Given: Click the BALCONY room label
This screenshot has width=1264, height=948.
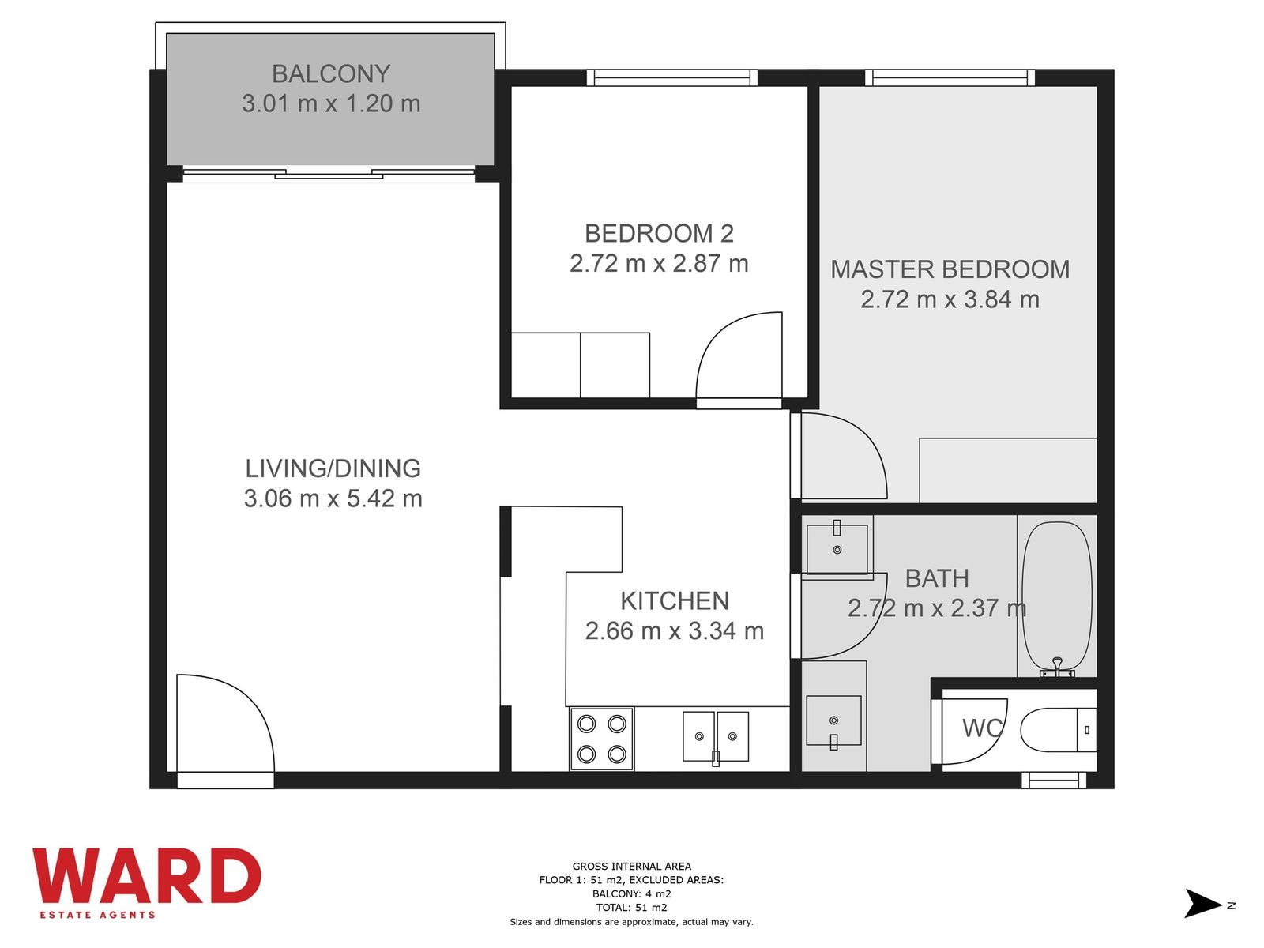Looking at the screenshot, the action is pyautogui.click(x=330, y=73).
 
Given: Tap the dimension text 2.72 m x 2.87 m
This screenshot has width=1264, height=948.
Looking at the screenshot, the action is pyautogui.click(x=659, y=264).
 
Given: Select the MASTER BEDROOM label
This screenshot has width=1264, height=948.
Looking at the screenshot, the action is pyautogui.click(x=950, y=269).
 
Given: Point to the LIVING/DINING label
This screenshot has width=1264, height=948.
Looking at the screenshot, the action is pyautogui.click(x=333, y=468).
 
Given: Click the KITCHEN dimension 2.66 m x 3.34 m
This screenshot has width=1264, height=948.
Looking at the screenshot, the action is pyautogui.click(x=675, y=631).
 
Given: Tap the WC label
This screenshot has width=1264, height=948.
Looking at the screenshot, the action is pyautogui.click(x=983, y=728).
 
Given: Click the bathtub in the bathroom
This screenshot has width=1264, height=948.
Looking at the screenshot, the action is pyautogui.click(x=1057, y=599).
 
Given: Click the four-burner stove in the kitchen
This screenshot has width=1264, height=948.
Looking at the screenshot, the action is pyautogui.click(x=602, y=739).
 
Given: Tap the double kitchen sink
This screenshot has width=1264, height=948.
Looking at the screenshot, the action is pyautogui.click(x=716, y=737).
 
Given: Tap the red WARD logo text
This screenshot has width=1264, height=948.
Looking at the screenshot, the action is pyautogui.click(x=146, y=875).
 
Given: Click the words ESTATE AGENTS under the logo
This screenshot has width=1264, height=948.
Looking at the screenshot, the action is pyautogui.click(x=97, y=915).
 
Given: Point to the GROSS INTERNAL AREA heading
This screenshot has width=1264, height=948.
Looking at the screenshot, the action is pyautogui.click(x=632, y=867).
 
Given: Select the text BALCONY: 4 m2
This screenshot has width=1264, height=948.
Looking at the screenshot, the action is pyautogui.click(x=632, y=894).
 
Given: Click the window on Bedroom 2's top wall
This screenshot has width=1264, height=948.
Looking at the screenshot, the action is pyautogui.click(x=672, y=77).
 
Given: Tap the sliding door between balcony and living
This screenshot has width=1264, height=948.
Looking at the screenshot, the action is pyautogui.click(x=329, y=173).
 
